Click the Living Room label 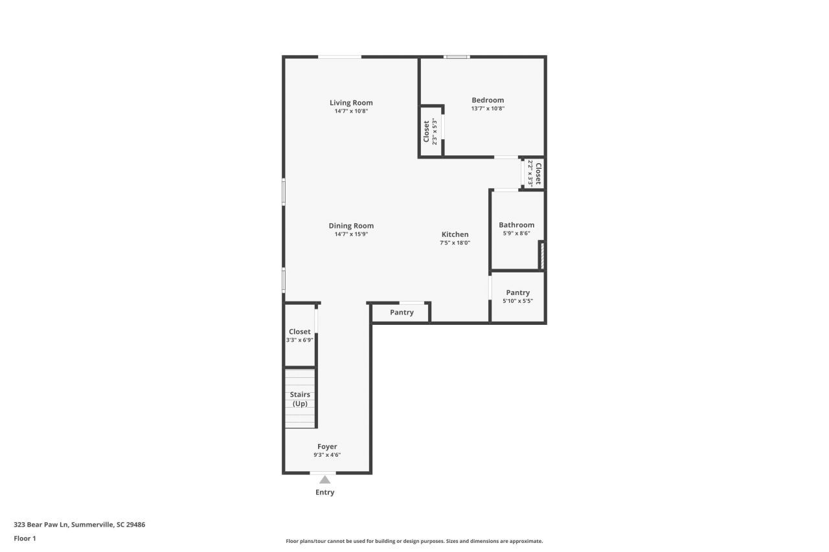pyautogui.click(x=351, y=103)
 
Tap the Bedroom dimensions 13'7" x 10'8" pyautogui.click(x=488, y=109)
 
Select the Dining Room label pyautogui.click(x=351, y=226)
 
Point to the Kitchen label pyautogui.click(x=455, y=234)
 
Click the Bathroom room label pyautogui.click(x=516, y=225)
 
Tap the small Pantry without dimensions pyautogui.click(x=402, y=313)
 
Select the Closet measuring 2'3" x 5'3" pyautogui.click(x=430, y=131)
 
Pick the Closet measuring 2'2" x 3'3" pyautogui.click(x=534, y=173)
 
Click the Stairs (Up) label pyautogui.click(x=300, y=399)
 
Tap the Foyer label pyautogui.click(x=326, y=447)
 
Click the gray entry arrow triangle pyautogui.click(x=325, y=480)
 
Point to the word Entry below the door pyautogui.click(x=325, y=492)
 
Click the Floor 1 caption pyautogui.click(x=25, y=538)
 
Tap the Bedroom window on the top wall pyautogui.click(x=457, y=57)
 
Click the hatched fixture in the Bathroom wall pyautogui.click(x=541, y=255)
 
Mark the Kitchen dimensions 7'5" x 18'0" pyautogui.click(x=455, y=243)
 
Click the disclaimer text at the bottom pyautogui.click(x=414, y=541)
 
